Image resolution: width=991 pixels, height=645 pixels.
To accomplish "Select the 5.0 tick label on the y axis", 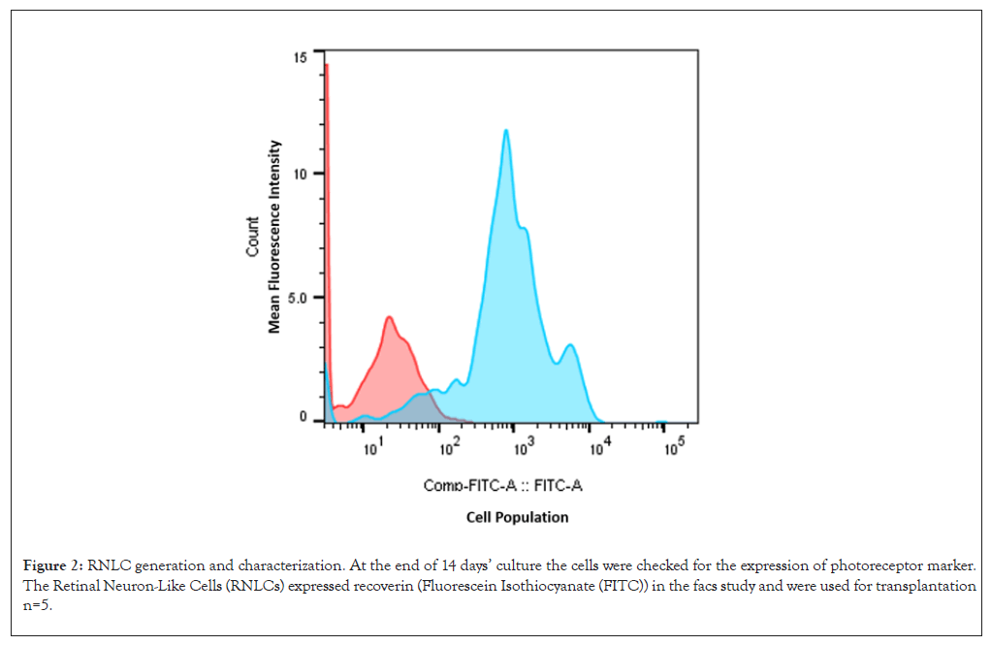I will (297, 298).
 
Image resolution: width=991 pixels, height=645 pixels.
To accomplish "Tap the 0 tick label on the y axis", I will (304, 418).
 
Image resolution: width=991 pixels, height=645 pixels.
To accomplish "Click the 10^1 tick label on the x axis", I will (371, 448).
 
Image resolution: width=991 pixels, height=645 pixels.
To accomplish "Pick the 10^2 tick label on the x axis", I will (448, 448).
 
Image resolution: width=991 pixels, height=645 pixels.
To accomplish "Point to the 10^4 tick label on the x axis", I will (599, 448).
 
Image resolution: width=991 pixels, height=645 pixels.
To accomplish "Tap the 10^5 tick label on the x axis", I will (674, 446).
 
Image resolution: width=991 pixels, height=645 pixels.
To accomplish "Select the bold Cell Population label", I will (517, 517).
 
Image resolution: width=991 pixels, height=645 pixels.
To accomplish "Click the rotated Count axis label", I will (252, 237).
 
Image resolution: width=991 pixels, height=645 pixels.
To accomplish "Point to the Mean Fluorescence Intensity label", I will (275, 237).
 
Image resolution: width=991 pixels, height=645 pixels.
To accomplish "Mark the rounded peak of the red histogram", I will (389, 317).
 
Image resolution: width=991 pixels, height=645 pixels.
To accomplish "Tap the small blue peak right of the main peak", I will (570, 345).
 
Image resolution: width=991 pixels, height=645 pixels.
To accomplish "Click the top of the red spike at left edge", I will (327, 66).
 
